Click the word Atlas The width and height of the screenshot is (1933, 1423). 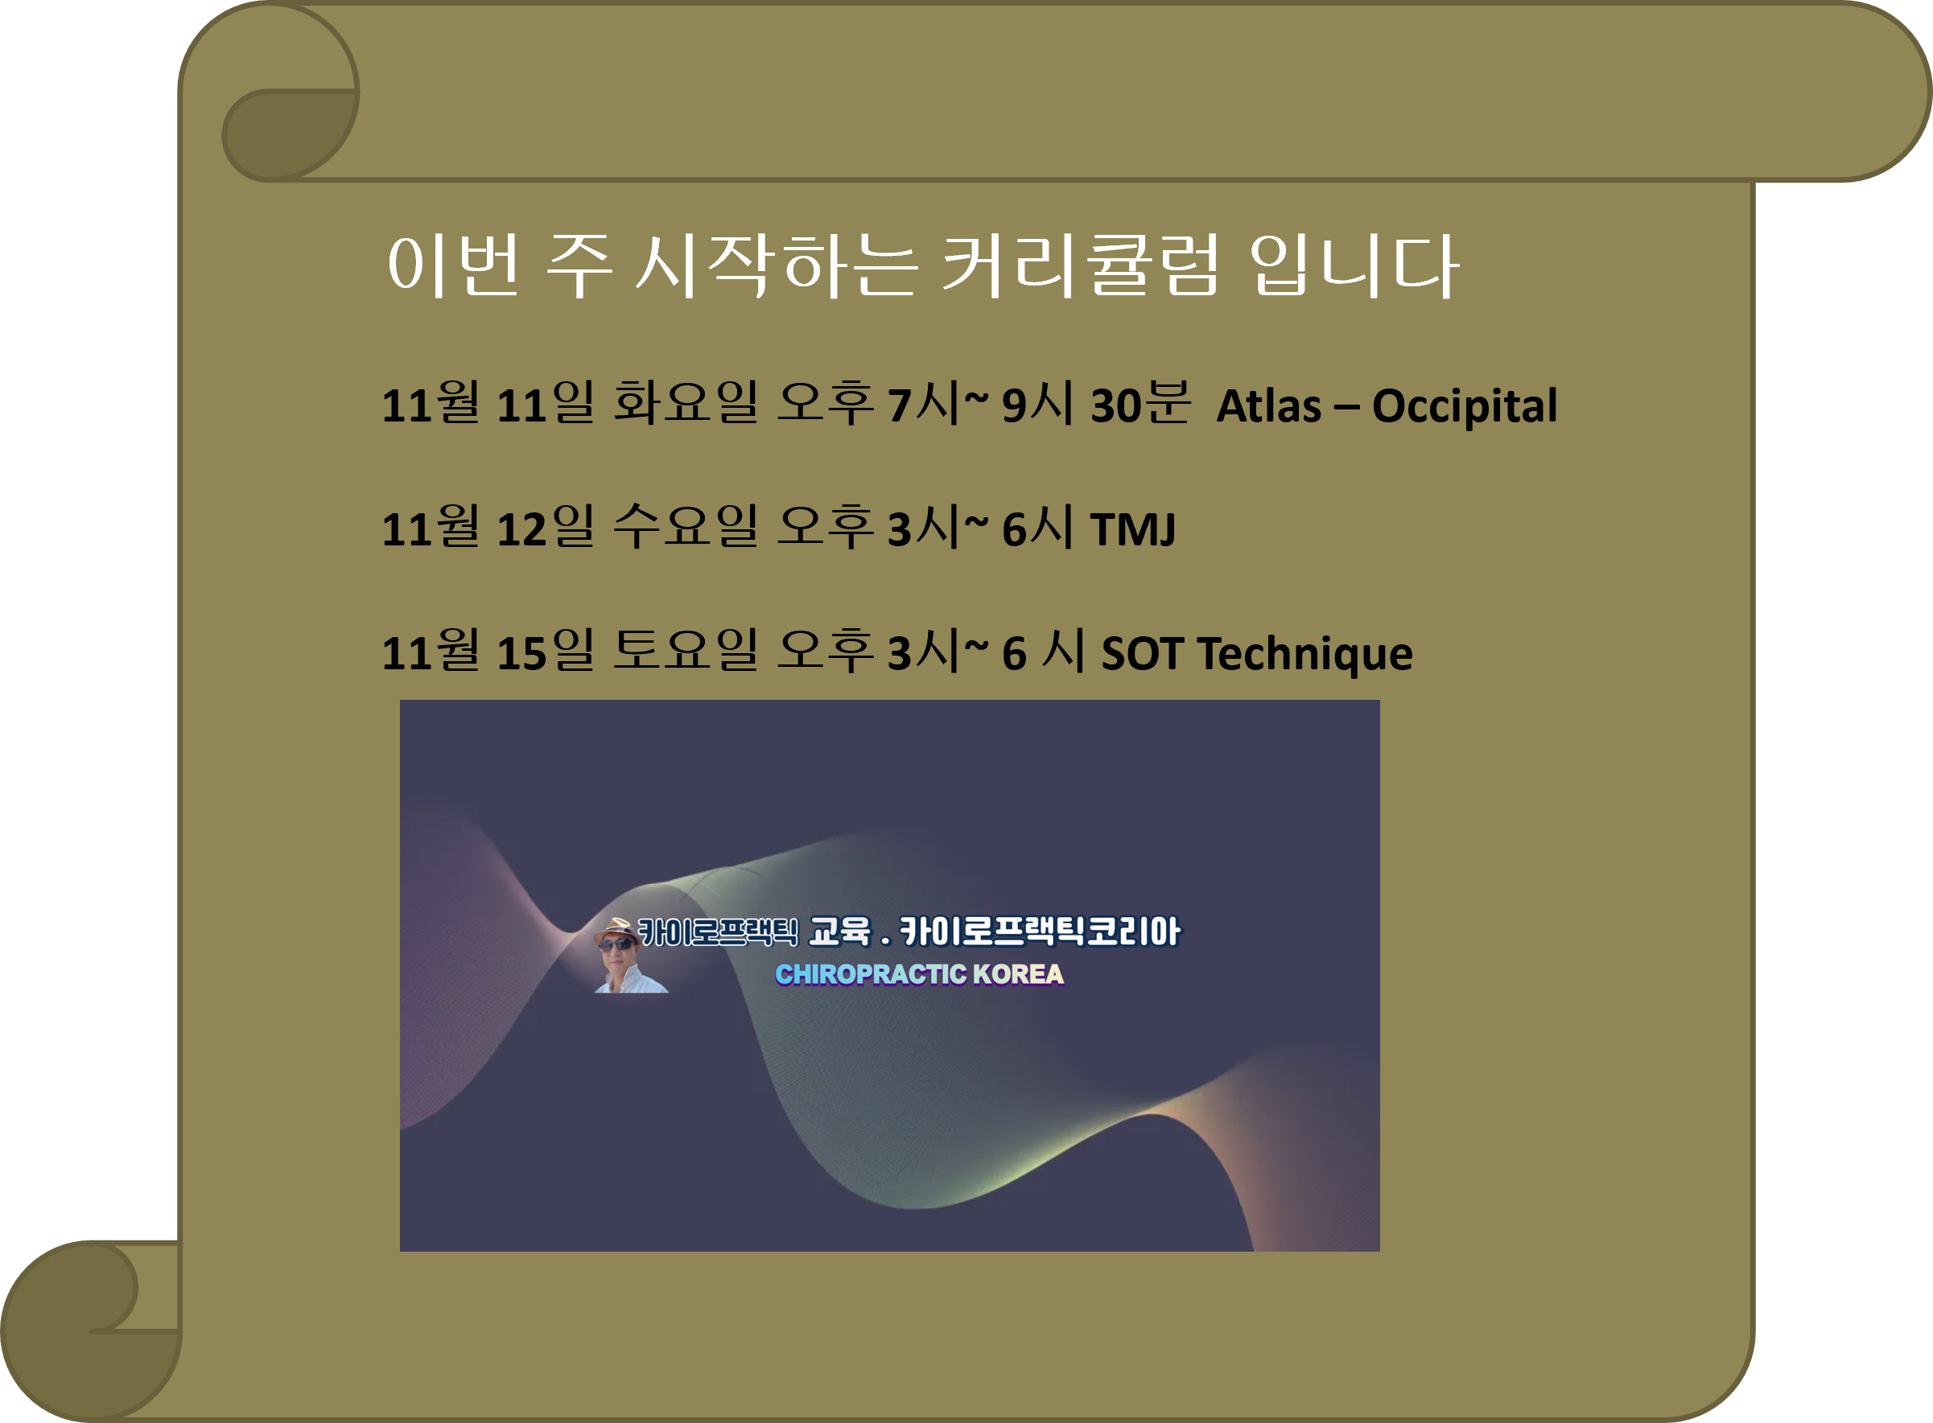(x=1267, y=405)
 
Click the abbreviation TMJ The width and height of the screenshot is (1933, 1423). (x=1132, y=528)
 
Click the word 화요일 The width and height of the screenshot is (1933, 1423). (x=685, y=403)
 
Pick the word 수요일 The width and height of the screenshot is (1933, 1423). (x=685, y=526)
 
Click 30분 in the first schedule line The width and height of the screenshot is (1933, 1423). (x=1140, y=403)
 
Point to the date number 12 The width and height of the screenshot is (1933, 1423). (x=522, y=528)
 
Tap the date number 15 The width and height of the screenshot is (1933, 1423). (x=522, y=653)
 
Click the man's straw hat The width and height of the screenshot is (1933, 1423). (x=615, y=928)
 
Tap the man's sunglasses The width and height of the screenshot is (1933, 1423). (x=616, y=945)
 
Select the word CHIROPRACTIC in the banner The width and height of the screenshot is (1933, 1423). (x=871, y=974)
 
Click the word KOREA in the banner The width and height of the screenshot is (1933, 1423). (x=1018, y=974)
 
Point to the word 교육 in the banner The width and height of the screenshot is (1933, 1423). (x=839, y=932)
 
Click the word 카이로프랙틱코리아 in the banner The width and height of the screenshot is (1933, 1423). (x=1039, y=932)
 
